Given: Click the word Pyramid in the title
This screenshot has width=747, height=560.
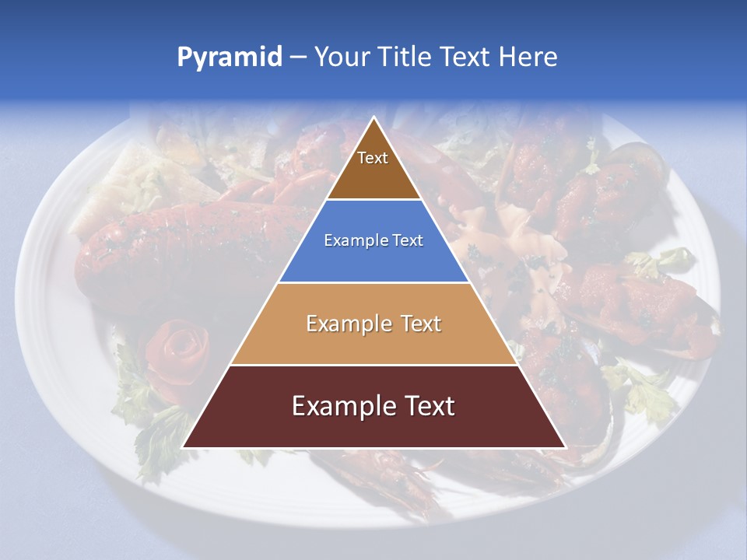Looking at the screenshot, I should point(229,58).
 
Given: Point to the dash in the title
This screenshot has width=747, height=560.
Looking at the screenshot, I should point(297,58).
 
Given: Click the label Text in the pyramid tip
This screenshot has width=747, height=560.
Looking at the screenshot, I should point(373,158).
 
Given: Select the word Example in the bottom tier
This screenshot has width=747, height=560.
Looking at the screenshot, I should point(340,406).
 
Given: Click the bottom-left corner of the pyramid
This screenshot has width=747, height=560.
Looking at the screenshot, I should point(183,447).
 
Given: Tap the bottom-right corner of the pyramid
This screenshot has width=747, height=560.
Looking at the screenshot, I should point(565,447).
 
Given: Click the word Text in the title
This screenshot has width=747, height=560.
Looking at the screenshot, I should point(465,57).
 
